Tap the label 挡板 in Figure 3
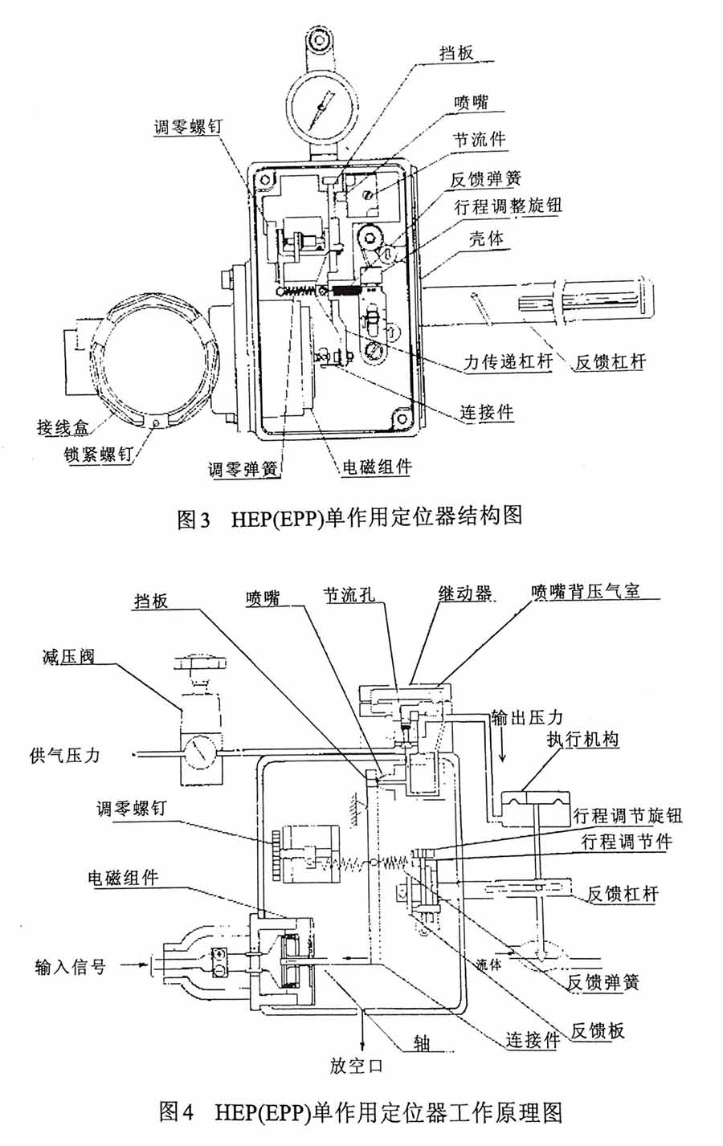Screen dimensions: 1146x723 pos(456,53)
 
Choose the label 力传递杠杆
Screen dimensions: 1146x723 pos(509,361)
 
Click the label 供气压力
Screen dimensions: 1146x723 pos(64,755)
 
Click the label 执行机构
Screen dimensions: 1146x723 pos(583,739)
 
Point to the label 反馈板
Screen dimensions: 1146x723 pos(597,1031)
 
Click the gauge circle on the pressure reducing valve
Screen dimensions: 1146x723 pos(196,755)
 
